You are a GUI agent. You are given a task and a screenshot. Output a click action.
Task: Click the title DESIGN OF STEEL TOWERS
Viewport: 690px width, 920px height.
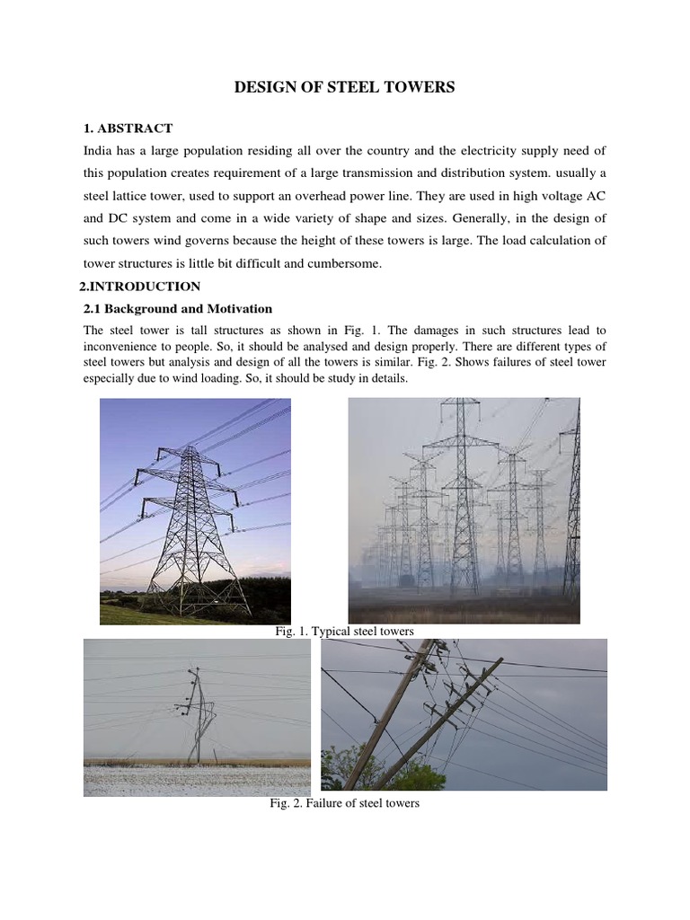(x=345, y=87)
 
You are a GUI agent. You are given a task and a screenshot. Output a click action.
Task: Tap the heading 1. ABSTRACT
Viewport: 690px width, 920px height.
(x=128, y=128)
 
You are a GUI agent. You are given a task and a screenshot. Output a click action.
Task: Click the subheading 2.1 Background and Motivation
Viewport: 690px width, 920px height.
(x=177, y=309)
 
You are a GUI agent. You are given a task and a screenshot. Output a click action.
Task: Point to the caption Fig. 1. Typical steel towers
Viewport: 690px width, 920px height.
(x=344, y=632)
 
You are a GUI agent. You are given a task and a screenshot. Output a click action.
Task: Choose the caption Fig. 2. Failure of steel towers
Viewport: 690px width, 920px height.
(x=344, y=802)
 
